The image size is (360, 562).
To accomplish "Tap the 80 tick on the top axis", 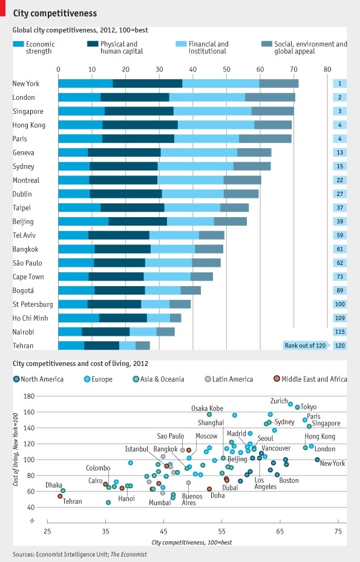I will [327, 69].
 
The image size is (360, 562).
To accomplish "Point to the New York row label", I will [26, 83].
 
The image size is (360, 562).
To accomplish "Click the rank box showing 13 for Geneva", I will [341, 152].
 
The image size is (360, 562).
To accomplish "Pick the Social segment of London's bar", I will [270, 97].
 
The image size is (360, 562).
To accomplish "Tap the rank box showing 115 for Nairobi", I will [341, 332].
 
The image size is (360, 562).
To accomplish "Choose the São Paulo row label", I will [27, 263].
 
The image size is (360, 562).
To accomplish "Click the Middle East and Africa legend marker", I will [277, 379].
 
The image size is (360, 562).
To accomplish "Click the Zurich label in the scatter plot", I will [279, 401].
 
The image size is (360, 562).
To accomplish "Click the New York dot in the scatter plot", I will [318, 460].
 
